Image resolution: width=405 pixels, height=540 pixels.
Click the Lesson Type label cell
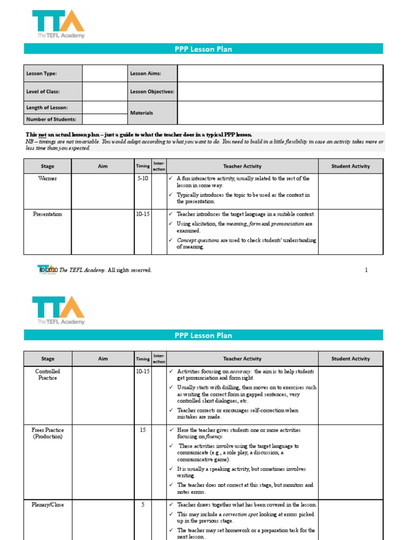click(42, 74)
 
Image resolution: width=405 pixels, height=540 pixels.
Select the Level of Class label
click(43, 92)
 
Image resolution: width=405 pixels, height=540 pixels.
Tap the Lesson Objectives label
click(152, 92)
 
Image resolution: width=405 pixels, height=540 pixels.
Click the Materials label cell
click(142, 113)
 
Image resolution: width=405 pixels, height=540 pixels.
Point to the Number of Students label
click(51, 119)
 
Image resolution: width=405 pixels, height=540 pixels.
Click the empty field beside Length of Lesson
click(104, 108)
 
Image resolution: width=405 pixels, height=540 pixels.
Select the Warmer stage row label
click(47, 179)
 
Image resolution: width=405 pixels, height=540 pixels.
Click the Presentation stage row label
click(47, 214)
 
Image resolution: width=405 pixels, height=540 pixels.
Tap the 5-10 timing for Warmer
click(143, 179)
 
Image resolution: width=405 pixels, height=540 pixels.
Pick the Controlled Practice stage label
click(47, 374)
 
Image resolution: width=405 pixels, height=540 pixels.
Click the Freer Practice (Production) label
click(47, 433)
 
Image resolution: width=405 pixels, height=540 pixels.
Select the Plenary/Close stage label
click(47, 505)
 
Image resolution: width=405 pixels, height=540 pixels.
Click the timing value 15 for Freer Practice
click(143, 430)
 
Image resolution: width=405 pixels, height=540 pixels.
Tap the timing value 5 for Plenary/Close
click(143, 505)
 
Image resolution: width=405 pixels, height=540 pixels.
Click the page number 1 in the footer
click(366, 271)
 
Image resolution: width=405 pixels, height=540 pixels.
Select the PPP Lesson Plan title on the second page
click(203, 335)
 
